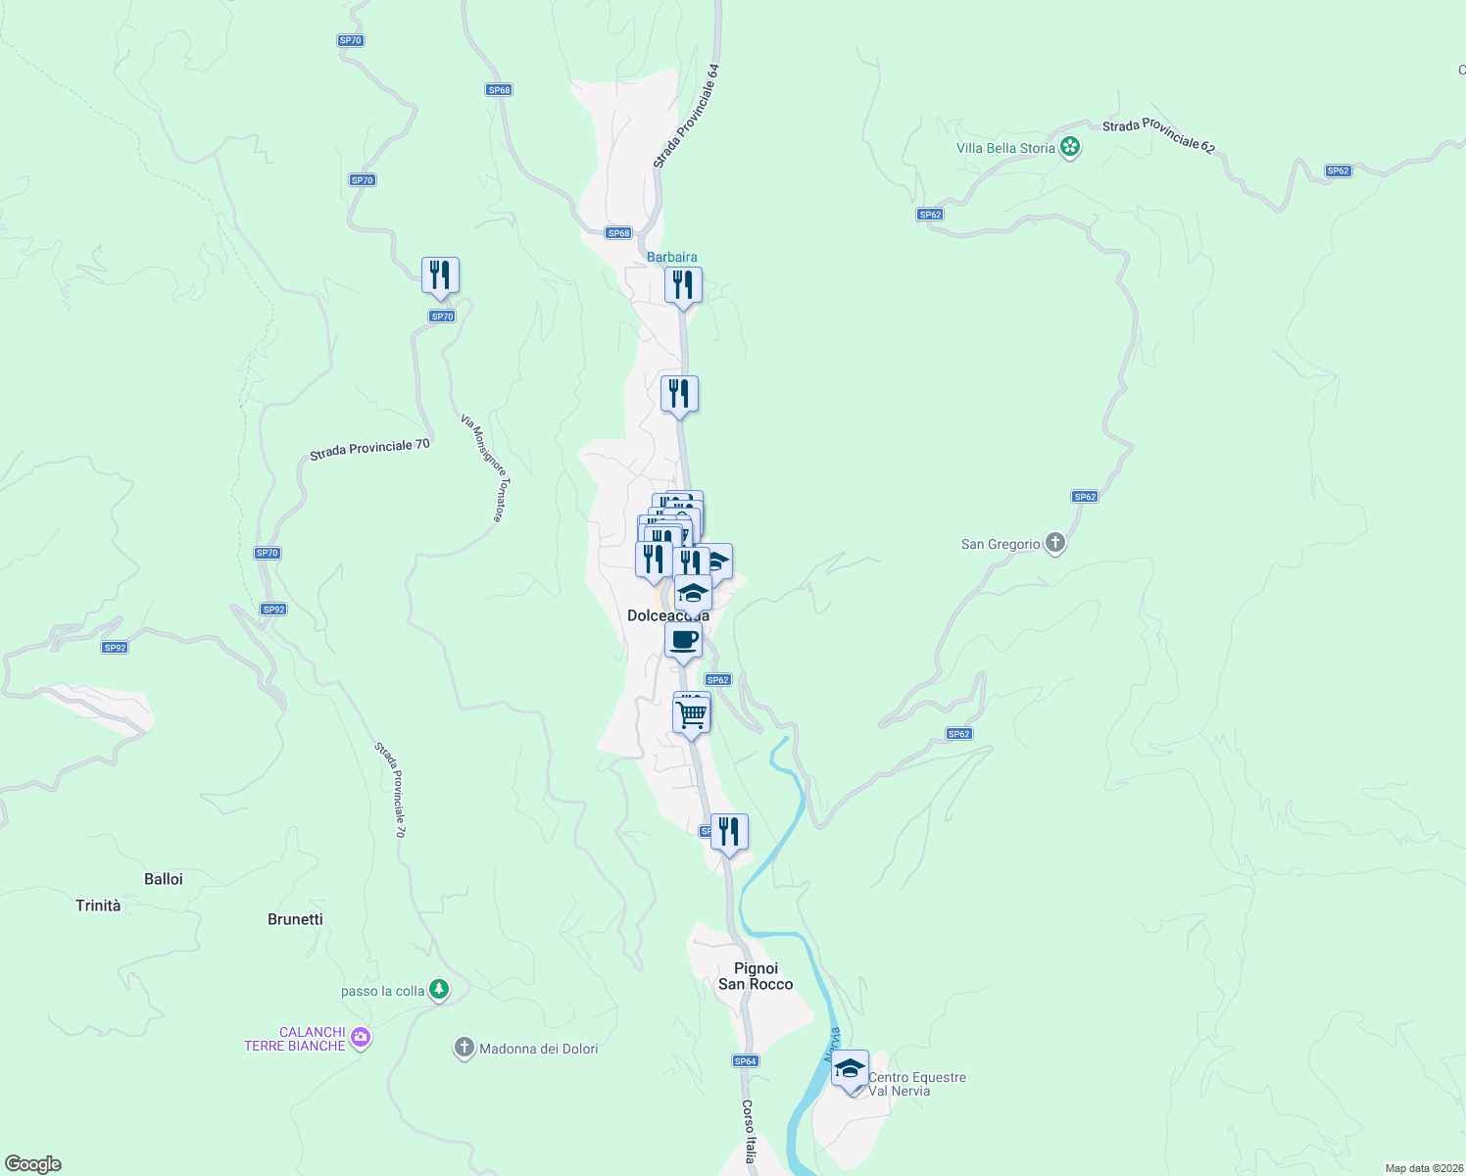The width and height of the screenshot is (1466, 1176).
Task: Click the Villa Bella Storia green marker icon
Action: click(1070, 148)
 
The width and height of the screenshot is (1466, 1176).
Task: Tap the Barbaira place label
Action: click(672, 258)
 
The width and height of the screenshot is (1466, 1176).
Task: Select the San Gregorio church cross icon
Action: click(1055, 543)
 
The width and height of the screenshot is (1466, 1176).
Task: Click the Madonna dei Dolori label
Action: click(538, 1049)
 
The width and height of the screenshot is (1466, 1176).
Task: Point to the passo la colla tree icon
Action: click(439, 990)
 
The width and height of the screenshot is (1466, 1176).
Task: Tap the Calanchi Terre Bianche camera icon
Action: click(361, 1038)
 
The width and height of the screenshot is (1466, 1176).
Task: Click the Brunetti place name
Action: click(295, 919)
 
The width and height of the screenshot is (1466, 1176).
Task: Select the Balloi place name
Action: click(164, 879)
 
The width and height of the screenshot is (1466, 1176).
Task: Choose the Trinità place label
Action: click(98, 906)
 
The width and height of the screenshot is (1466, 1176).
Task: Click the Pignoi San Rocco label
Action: click(756, 976)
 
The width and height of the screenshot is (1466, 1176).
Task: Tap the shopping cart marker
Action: click(692, 714)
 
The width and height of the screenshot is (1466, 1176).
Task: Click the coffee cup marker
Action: click(683, 641)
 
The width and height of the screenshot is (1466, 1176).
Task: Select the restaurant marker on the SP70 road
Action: click(440, 275)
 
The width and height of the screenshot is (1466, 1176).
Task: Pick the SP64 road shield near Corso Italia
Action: click(746, 1060)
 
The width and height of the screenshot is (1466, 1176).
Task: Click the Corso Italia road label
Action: click(749, 1131)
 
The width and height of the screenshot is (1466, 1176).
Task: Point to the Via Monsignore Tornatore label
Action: click(482, 467)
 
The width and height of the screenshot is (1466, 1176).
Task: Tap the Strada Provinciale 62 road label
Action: click(1158, 137)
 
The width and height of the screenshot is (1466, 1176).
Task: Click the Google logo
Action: click(33, 1164)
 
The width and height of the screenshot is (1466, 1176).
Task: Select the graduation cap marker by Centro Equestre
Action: click(850, 1069)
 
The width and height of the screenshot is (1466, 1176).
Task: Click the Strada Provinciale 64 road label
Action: click(687, 117)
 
